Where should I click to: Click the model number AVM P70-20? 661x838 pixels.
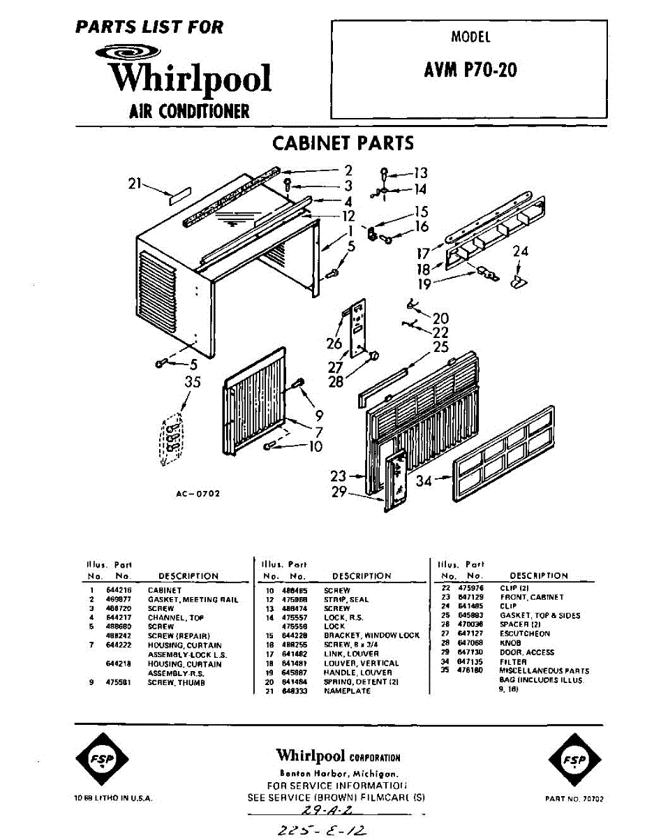tap(470, 70)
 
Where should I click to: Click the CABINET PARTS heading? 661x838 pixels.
tap(343, 143)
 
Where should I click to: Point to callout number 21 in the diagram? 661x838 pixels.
tap(135, 184)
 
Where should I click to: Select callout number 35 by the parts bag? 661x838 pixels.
tap(192, 382)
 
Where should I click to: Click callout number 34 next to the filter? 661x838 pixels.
tap(425, 481)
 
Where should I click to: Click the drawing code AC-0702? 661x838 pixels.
tap(198, 494)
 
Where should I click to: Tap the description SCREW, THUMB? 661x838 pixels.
tap(176, 682)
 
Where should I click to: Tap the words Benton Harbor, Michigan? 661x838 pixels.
tap(339, 774)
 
